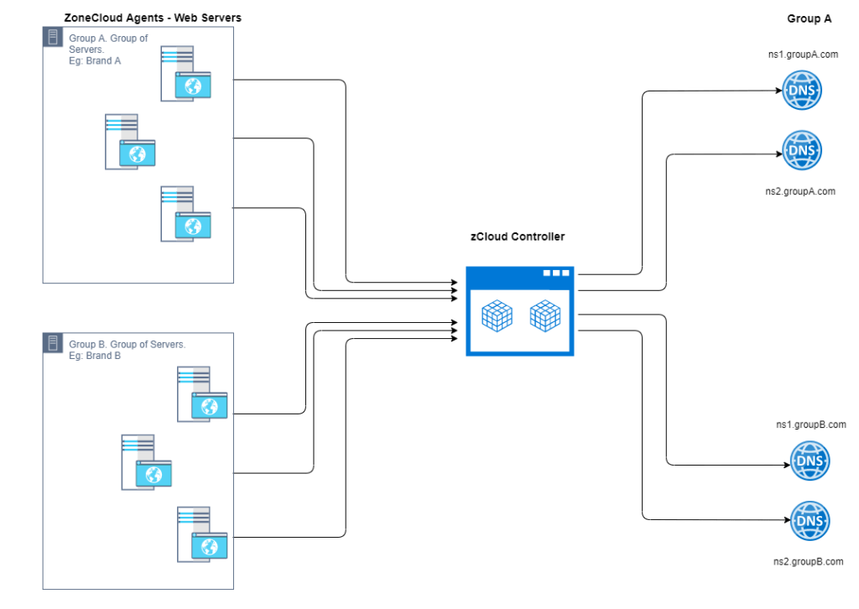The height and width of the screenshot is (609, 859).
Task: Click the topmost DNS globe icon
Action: pos(801,90)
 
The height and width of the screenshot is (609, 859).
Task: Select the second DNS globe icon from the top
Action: pos(801,150)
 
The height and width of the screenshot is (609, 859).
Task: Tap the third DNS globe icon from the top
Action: pos(810,461)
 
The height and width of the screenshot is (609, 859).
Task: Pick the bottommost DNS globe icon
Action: pos(810,521)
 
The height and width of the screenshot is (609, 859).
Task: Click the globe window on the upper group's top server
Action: pos(193,86)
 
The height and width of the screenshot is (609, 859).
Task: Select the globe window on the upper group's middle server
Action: pos(138,154)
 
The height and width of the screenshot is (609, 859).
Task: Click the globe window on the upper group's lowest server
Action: pos(193,226)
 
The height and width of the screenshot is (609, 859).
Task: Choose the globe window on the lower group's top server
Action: pos(210,406)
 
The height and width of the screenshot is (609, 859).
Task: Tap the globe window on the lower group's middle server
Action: pos(154,474)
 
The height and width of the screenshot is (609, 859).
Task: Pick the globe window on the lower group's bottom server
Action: pos(210,546)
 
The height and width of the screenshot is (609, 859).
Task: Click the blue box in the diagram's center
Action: pos(515,312)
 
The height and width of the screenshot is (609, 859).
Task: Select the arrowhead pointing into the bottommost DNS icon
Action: pos(787,521)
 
